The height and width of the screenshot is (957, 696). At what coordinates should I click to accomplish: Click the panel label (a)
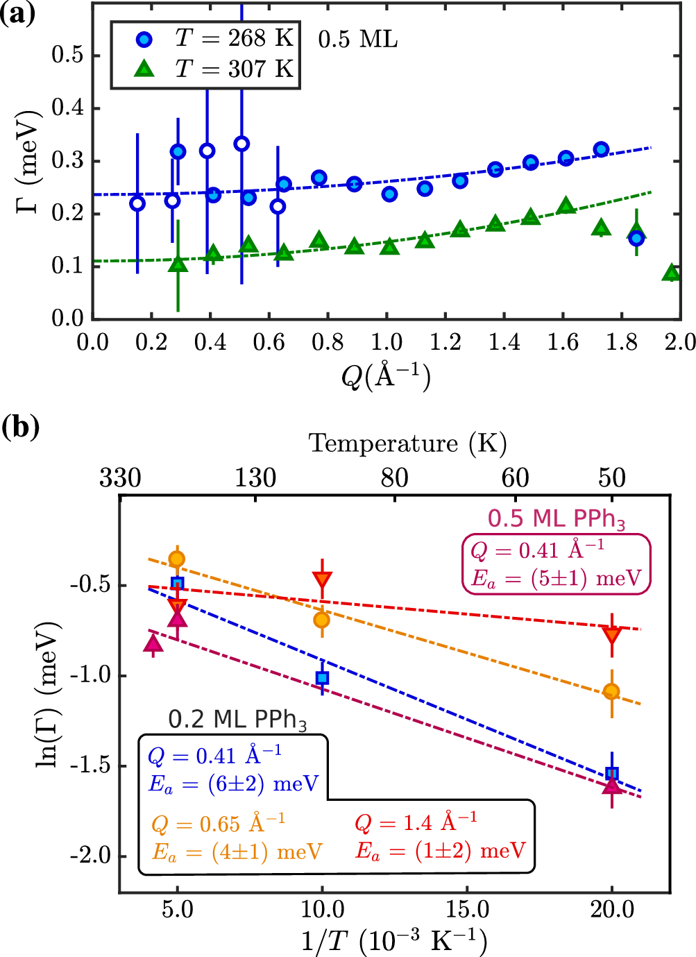[17, 14]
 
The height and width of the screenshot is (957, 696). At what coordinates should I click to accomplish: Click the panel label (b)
[19, 426]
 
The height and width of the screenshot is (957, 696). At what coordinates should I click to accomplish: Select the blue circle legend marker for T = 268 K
[144, 39]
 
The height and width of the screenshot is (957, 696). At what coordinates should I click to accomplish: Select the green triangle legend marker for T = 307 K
[144, 69]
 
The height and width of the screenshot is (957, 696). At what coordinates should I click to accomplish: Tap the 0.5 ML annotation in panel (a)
[357, 40]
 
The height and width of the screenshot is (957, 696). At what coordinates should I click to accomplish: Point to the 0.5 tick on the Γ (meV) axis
[67, 55]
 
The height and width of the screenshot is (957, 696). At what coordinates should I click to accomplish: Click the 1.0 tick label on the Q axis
[386, 342]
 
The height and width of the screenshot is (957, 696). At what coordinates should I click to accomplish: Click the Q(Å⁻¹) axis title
[386, 375]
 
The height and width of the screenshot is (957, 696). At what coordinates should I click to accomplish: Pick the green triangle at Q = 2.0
[670, 273]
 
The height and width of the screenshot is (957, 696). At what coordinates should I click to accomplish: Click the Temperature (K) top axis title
[407, 443]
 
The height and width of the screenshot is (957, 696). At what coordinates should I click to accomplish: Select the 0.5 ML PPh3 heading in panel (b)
[556, 518]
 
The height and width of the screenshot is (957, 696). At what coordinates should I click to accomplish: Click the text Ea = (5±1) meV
[556, 579]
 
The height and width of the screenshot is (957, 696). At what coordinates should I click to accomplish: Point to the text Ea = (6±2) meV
[233, 784]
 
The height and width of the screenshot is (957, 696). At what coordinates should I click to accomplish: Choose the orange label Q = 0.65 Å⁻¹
[218, 824]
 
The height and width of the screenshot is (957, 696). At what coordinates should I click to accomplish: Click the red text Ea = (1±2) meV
[440, 851]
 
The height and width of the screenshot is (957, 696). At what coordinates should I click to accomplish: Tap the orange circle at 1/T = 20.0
[611, 691]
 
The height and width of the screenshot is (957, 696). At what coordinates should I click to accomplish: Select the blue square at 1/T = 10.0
[322, 678]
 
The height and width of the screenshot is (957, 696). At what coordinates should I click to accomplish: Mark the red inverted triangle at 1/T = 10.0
[322, 580]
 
